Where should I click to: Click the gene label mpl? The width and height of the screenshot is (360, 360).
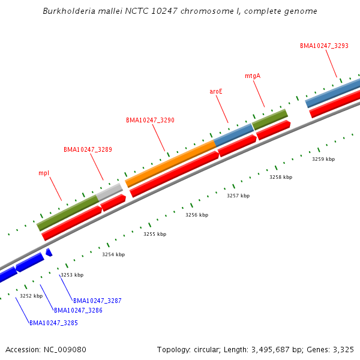tap(44, 173)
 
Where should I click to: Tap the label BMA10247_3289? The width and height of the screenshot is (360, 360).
tap(88, 149)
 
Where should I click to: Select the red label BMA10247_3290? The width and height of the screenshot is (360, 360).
tap(150, 120)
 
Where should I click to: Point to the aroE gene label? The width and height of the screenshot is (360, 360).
tap(216, 91)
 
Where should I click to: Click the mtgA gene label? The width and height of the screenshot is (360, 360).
tap(253, 76)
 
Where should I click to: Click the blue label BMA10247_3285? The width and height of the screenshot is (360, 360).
tap(53, 323)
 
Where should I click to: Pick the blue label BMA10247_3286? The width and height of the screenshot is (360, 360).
tap(78, 310)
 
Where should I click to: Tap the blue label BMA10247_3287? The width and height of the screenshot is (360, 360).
tap(97, 300)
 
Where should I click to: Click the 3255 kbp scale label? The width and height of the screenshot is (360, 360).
tap(155, 234)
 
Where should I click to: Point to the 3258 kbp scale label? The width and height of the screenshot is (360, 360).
tap(281, 177)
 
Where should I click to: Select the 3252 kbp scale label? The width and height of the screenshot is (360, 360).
tap(31, 296)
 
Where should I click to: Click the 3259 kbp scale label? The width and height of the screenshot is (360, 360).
tap(323, 159)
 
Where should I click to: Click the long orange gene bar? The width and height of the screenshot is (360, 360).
tap(170, 163)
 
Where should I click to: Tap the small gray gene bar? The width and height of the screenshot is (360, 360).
tap(110, 191)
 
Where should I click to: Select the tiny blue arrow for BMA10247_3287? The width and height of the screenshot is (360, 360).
tap(49, 252)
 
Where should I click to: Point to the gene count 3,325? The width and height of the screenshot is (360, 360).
tap(343, 349)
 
